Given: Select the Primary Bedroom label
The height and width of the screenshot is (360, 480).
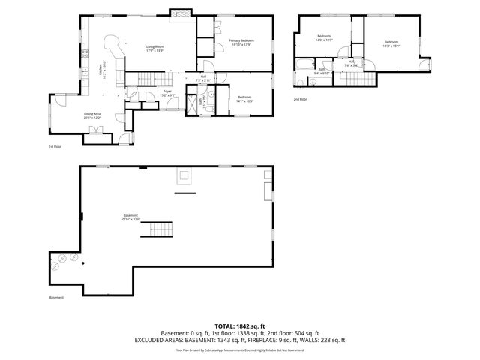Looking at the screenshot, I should click(x=241, y=43).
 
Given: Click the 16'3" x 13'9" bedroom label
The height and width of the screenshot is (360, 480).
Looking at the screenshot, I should click(x=391, y=43).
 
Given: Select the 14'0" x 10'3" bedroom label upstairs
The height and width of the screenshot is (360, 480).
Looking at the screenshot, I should click(x=324, y=38).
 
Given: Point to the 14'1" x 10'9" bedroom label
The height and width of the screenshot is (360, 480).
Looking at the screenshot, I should click(x=245, y=99).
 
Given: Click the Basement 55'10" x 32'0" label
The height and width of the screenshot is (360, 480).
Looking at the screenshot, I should click(x=131, y=218).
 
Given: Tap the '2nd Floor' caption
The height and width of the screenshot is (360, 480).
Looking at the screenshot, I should click(x=300, y=99).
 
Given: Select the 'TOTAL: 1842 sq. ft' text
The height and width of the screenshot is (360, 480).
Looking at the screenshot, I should click(x=239, y=326).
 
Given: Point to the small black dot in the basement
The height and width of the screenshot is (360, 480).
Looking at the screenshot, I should click(x=83, y=263).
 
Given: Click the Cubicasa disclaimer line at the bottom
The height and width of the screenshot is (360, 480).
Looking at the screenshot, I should click(x=239, y=349).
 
